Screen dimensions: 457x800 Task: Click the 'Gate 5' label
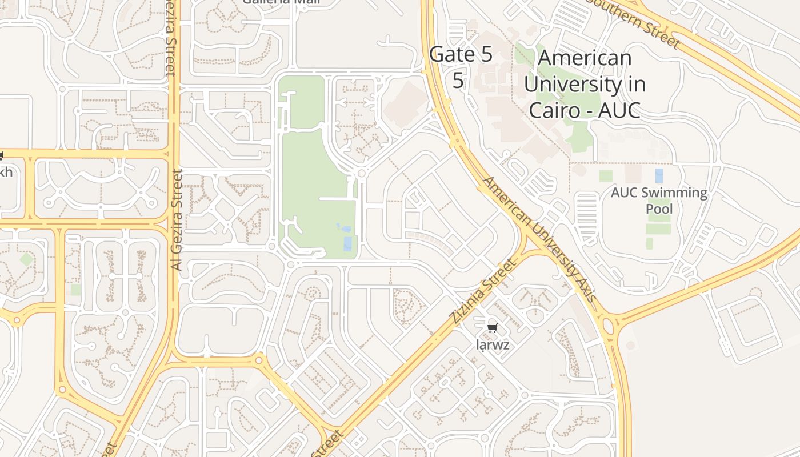point(460,55)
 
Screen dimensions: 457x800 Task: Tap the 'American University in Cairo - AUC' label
point(585,84)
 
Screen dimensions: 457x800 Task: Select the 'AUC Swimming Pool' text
point(659,200)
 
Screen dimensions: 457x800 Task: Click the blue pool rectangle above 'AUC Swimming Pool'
point(659,175)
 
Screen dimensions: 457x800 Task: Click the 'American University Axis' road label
point(539,240)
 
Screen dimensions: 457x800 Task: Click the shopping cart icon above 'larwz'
point(492,328)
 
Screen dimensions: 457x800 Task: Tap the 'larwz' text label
point(492,345)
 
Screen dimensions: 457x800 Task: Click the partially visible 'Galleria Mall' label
point(281,2)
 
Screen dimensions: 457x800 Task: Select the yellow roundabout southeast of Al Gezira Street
point(259,360)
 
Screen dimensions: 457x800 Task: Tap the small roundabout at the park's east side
point(361,173)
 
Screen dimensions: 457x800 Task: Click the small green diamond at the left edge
point(26,259)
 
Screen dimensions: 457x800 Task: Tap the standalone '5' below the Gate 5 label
point(458,81)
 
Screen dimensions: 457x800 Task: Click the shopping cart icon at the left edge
point(1,155)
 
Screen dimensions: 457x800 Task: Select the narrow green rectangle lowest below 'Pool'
point(649,243)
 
